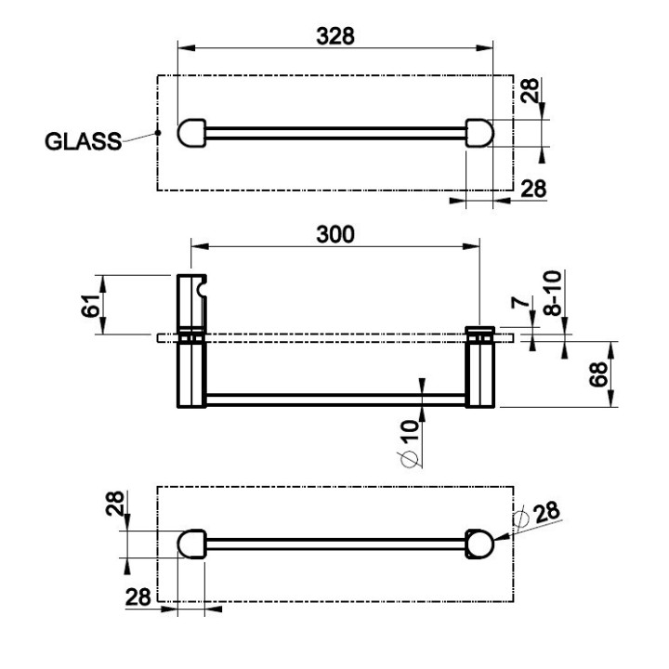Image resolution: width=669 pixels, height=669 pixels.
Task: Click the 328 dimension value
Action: click(335, 36)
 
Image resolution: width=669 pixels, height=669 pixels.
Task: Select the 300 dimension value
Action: click(335, 235)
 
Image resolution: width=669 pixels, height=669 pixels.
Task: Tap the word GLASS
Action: click(84, 141)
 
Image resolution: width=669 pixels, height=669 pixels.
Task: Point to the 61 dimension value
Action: click(90, 305)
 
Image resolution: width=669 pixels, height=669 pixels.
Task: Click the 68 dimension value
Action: click(598, 374)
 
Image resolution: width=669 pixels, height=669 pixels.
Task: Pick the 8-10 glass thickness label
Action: click(553, 293)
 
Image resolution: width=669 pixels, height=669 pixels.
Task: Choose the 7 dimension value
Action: click(520, 303)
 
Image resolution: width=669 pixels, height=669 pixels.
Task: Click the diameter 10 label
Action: click(410, 444)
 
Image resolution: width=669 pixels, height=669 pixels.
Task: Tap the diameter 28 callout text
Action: click(538, 516)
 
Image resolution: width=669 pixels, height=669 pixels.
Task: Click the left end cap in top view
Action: click(191, 133)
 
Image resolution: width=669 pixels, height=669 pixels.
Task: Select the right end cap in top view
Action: click(479, 133)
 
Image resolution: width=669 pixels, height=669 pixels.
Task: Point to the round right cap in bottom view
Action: click(479, 544)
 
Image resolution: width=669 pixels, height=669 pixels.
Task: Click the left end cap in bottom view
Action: click(191, 544)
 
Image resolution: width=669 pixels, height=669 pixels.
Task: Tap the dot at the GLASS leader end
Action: click(158, 133)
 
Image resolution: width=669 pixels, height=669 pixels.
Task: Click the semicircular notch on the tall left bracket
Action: click(203, 288)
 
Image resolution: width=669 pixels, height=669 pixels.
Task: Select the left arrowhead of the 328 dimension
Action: click(186, 47)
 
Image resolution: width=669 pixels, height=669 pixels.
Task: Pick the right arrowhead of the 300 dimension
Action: click(471, 246)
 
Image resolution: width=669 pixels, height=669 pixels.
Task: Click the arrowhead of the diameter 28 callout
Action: click(502, 537)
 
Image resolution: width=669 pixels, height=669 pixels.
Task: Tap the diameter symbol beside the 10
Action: click(410, 459)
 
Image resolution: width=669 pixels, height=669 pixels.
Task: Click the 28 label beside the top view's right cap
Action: click(531, 91)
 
